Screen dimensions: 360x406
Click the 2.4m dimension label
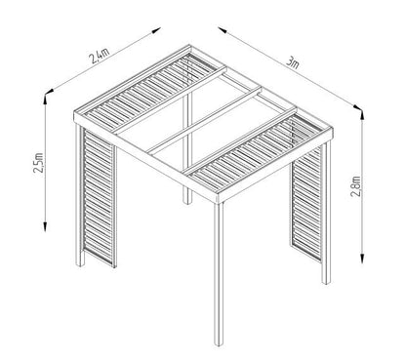pos(98,57)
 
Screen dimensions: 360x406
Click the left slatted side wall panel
pos(98,200)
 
